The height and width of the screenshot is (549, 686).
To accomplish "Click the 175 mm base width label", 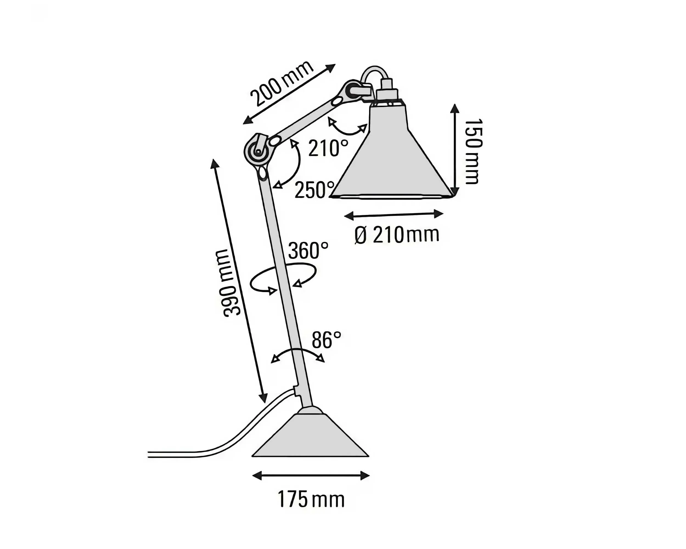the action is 311,499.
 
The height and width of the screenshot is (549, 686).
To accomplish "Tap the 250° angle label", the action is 315,190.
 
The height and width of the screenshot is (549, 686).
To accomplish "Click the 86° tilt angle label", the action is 326,340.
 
